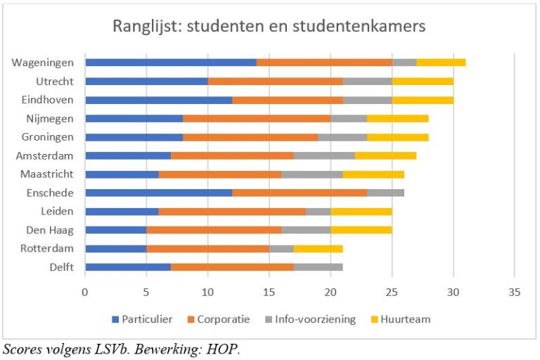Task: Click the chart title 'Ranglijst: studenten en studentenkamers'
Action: click(x=269, y=27)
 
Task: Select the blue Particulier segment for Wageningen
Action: click(x=171, y=63)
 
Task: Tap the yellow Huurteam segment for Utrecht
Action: click(x=423, y=81)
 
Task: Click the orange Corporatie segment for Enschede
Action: click(x=300, y=193)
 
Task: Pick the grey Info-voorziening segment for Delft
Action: click(x=319, y=267)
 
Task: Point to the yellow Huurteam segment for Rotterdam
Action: click(x=318, y=248)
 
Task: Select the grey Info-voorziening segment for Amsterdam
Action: click(x=324, y=155)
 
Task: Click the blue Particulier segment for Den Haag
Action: click(x=116, y=230)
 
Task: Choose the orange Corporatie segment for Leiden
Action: click(x=232, y=211)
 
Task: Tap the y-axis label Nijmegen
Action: click(x=52, y=118)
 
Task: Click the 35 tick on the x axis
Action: click(x=515, y=292)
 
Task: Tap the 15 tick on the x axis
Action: click(x=269, y=292)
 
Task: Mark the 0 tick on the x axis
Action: click(x=85, y=292)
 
